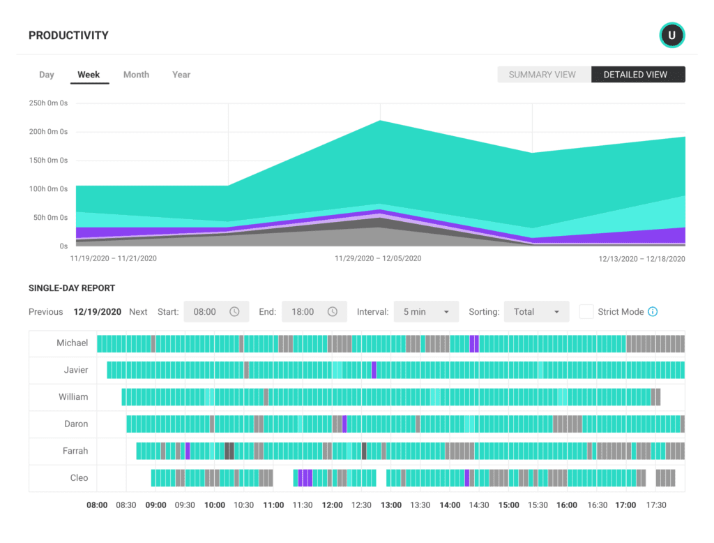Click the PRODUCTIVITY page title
click(68, 36)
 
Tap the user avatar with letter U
click(672, 35)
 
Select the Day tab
click(47, 75)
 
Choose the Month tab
click(136, 75)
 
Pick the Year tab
click(181, 75)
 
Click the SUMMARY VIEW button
click(542, 75)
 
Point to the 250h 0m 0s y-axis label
click(48, 103)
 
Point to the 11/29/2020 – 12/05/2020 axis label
click(378, 258)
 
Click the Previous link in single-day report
click(45, 312)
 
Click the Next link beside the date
click(138, 312)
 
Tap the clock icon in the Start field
click(234, 312)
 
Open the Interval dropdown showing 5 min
click(426, 312)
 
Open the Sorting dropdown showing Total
click(536, 312)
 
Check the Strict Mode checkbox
click(586, 312)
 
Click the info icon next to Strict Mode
click(653, 312)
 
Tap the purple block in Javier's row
click(374, 370)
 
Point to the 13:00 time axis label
click(391, 505)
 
